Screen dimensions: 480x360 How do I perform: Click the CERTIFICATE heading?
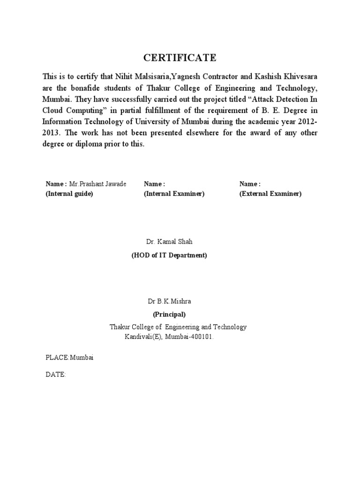[x=180, y=58]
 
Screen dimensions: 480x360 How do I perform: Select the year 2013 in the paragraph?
[x=51, y=133]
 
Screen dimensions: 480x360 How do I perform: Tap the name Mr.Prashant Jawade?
[x=98, y=184]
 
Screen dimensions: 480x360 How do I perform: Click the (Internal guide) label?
[x=69, y=194]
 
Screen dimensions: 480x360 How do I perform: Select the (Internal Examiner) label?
[x=174, y=194]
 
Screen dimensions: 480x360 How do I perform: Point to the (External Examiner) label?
[x=270, y=194]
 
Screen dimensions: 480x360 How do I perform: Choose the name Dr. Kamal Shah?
[x=169, y=242]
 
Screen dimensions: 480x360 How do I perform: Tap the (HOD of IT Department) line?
[x=169, y=255]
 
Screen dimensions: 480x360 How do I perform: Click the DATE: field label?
[x=55, y=375]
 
